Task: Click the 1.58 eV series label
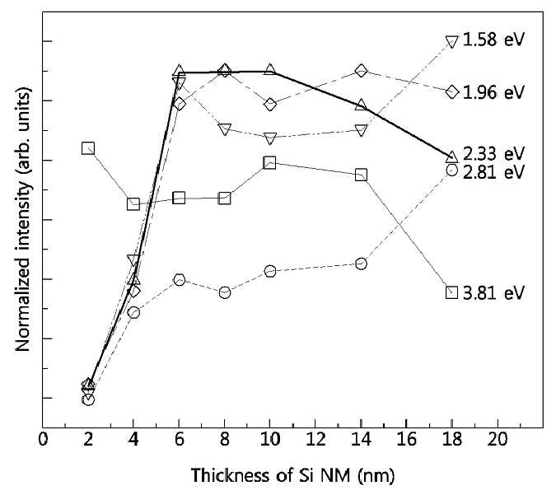tap(493, 40)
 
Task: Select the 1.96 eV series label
tap(493, 92)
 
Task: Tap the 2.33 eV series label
tap(493, 153)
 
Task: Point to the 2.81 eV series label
tap(493, 172)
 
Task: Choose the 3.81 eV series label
tap(493, 293)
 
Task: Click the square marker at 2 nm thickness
tap(88, 148)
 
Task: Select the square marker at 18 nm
tap(451, 292)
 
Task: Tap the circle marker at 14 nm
tap(361, 264)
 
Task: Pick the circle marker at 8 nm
tap(224, 292)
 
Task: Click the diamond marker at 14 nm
tap(361, 71)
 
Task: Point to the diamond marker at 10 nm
tap(270, 105)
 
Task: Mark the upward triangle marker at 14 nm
tap(361, 105)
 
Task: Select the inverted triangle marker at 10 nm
tap(270, 138)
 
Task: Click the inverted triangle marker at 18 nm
tap(451, 42)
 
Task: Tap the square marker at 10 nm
tap(269, 162)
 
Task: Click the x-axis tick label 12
tap(315, 440)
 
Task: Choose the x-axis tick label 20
tap(498, 440)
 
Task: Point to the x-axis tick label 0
tap(43, 440)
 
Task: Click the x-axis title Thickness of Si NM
tap(270, 475)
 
